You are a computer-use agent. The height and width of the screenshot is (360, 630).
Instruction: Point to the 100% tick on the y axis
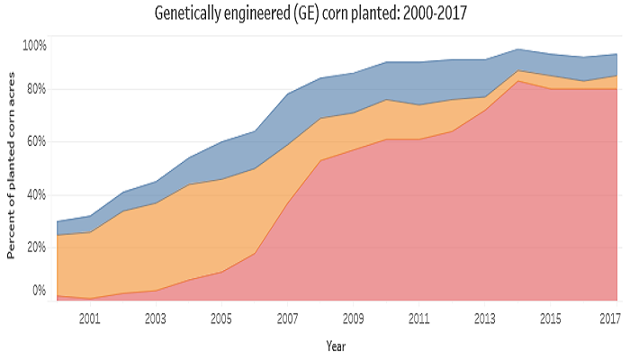pos(34,45)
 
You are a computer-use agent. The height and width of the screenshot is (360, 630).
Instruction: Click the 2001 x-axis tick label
pos(89,318)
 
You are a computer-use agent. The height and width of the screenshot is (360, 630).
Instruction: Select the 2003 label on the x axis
pos(155,318)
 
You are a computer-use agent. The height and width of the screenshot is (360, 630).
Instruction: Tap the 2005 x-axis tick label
pos(221,318)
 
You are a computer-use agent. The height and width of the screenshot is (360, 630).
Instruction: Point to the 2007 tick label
pos(287,318)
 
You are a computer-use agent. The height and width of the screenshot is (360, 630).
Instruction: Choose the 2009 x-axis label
pos(353,318)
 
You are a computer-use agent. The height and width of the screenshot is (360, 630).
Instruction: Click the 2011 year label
pos(419,318)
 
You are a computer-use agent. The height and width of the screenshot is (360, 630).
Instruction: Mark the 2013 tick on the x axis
pos(485,318)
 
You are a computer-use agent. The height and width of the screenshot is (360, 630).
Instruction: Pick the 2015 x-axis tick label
pos(551,318)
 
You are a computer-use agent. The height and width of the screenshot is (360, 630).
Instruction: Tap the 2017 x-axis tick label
pos(609,318)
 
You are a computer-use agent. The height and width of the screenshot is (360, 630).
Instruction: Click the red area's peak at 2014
pos(518,81)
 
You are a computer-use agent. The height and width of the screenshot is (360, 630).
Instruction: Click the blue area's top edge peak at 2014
pos(518,49)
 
